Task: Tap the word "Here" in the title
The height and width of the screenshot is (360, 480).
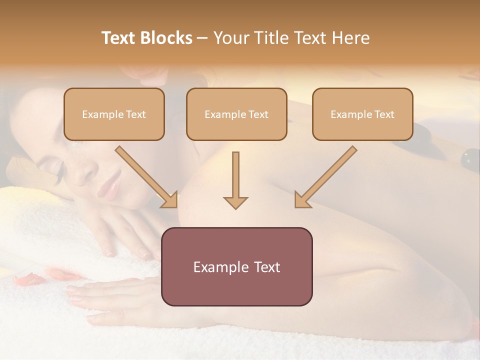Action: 351,38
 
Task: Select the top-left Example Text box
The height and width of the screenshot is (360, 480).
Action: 114,114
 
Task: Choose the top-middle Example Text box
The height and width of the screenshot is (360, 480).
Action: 236,114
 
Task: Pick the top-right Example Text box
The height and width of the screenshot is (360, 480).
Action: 362,114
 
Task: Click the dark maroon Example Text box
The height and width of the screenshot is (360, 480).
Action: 236,267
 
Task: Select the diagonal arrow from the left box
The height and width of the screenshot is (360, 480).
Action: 147,177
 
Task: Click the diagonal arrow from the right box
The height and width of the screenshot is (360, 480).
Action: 325,177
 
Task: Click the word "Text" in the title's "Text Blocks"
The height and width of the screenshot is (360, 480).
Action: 119,38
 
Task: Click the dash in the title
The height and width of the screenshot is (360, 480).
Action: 202,38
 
